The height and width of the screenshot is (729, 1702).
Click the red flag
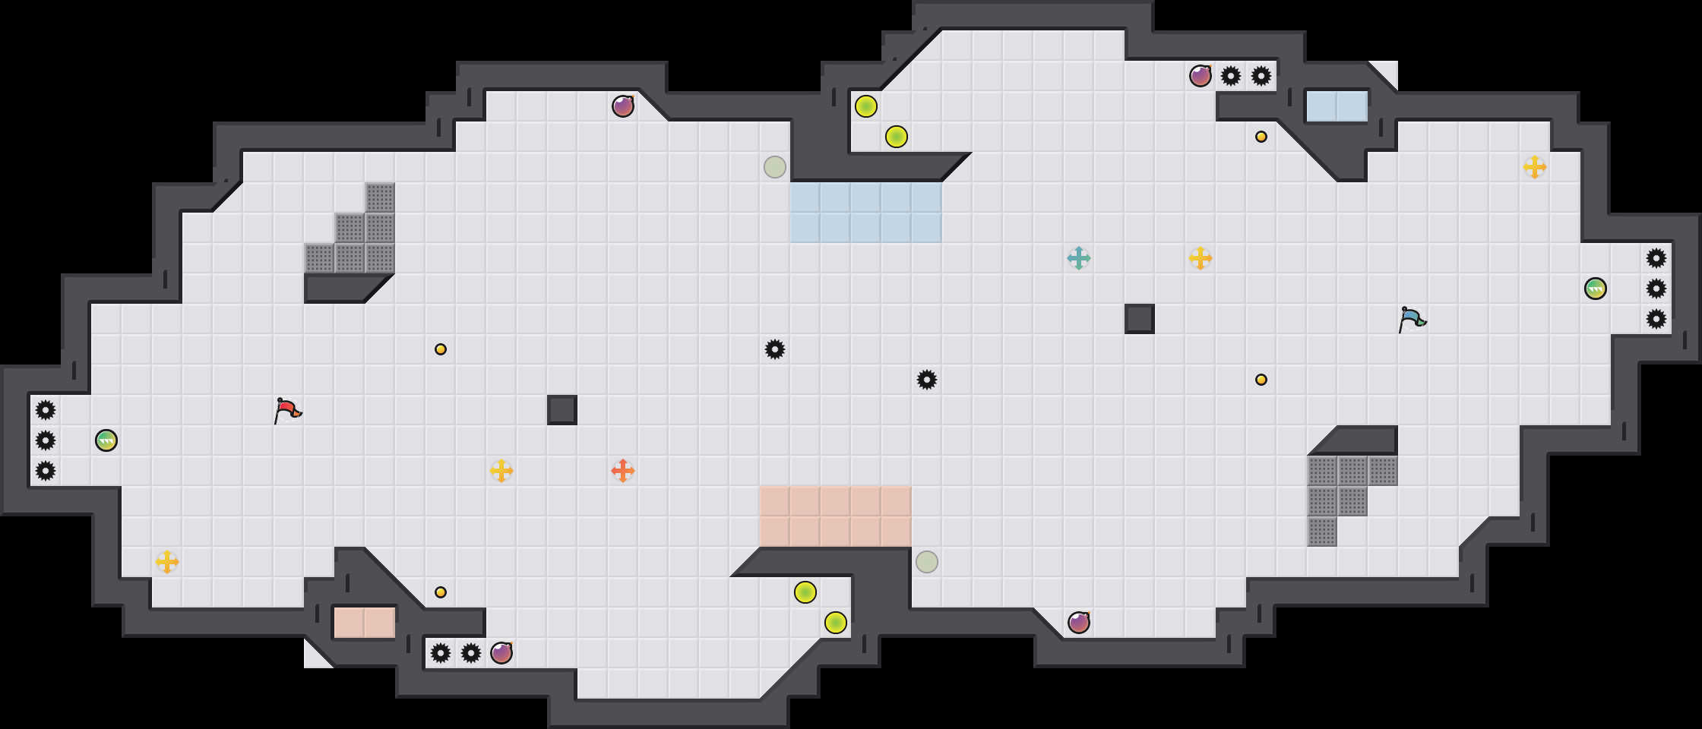(x=287, y=410)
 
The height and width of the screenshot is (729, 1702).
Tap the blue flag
(x=1412, y=319)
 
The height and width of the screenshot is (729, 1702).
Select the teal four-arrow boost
(x=1079, y=258)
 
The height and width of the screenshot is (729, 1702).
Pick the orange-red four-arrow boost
(x=623, y=471)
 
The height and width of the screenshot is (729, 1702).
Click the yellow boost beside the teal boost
(x=1201, y=258)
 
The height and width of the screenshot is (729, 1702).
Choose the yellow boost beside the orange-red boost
(x=501, y=471)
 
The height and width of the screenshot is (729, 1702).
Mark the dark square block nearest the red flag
(x=562, y=410)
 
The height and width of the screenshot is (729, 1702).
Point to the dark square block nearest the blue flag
(x=1140, y=319)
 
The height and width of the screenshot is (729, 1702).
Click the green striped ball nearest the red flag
(x=106, y=440)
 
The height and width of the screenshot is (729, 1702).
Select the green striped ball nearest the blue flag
(x=1596, y=289)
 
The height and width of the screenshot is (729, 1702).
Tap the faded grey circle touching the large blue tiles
(x=775, y=167)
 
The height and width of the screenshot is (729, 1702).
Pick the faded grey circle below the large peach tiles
(x=927, y=562)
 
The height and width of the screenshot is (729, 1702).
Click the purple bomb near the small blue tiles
(x=1201, y=76)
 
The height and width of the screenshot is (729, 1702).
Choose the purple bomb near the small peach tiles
(x=501, y=653)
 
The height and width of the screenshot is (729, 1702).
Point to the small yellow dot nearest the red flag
(x=441, y=349)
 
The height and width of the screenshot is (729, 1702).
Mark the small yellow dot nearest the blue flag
(x=1261, y=380)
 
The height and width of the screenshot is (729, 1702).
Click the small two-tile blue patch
(x=1337, y=106)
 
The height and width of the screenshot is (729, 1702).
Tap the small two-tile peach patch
(x=365, y=623)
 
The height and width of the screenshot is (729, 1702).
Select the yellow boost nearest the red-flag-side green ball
(x=167, y=562)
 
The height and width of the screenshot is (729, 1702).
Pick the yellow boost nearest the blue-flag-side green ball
(x=1535, y=167)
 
